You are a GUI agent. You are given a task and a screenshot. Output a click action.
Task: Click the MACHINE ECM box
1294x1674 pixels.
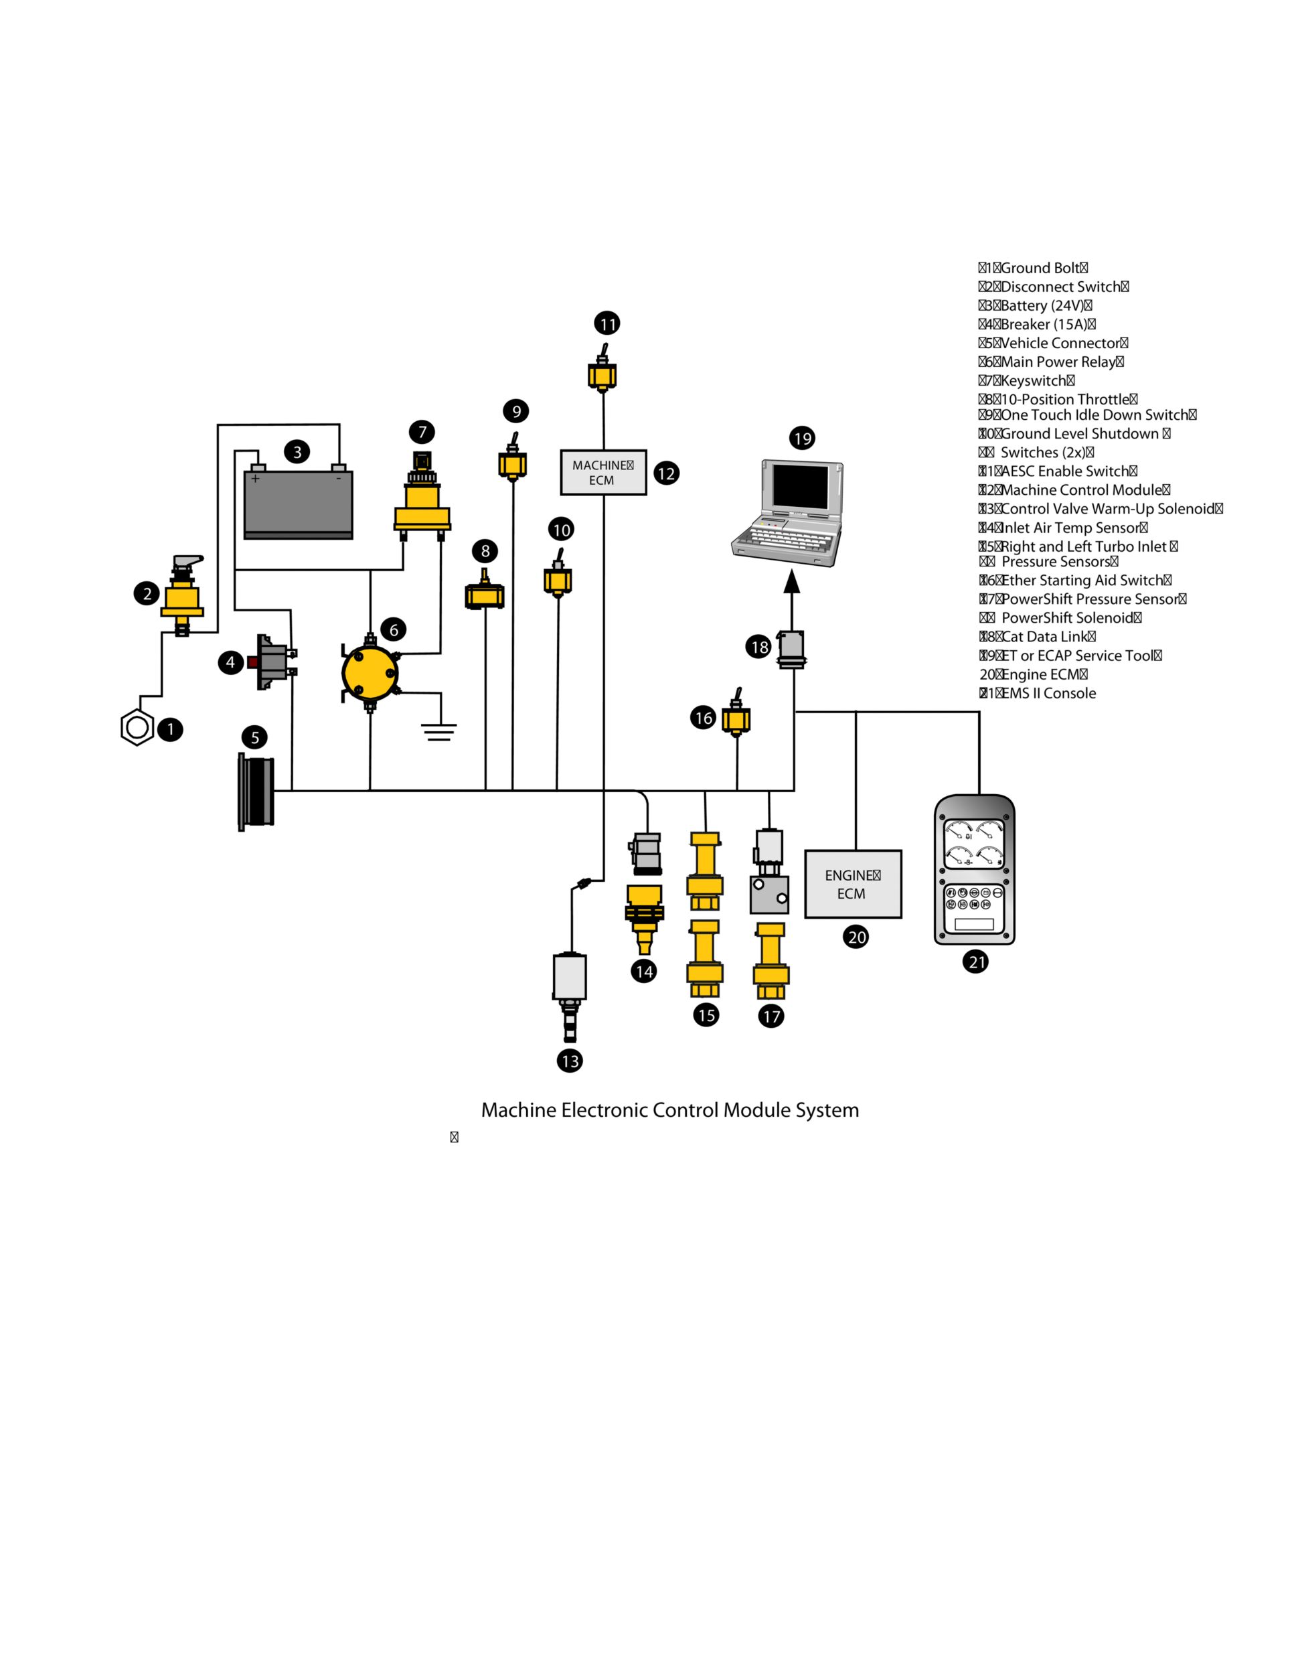point(603,472)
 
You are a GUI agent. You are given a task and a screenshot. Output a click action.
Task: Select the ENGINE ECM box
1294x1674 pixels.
point(852,884)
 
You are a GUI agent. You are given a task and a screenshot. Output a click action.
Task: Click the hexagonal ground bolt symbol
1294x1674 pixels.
point(137,727)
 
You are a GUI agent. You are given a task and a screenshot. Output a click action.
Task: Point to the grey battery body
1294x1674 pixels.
point(298,503)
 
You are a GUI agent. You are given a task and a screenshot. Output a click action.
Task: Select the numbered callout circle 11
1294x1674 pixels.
point(606,323)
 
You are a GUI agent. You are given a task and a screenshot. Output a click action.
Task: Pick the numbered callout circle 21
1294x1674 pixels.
point(975,961)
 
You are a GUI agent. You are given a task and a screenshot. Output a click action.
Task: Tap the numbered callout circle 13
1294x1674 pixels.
point(569,1061)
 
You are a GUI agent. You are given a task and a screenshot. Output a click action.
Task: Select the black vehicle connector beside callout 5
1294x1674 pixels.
point(256,791)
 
